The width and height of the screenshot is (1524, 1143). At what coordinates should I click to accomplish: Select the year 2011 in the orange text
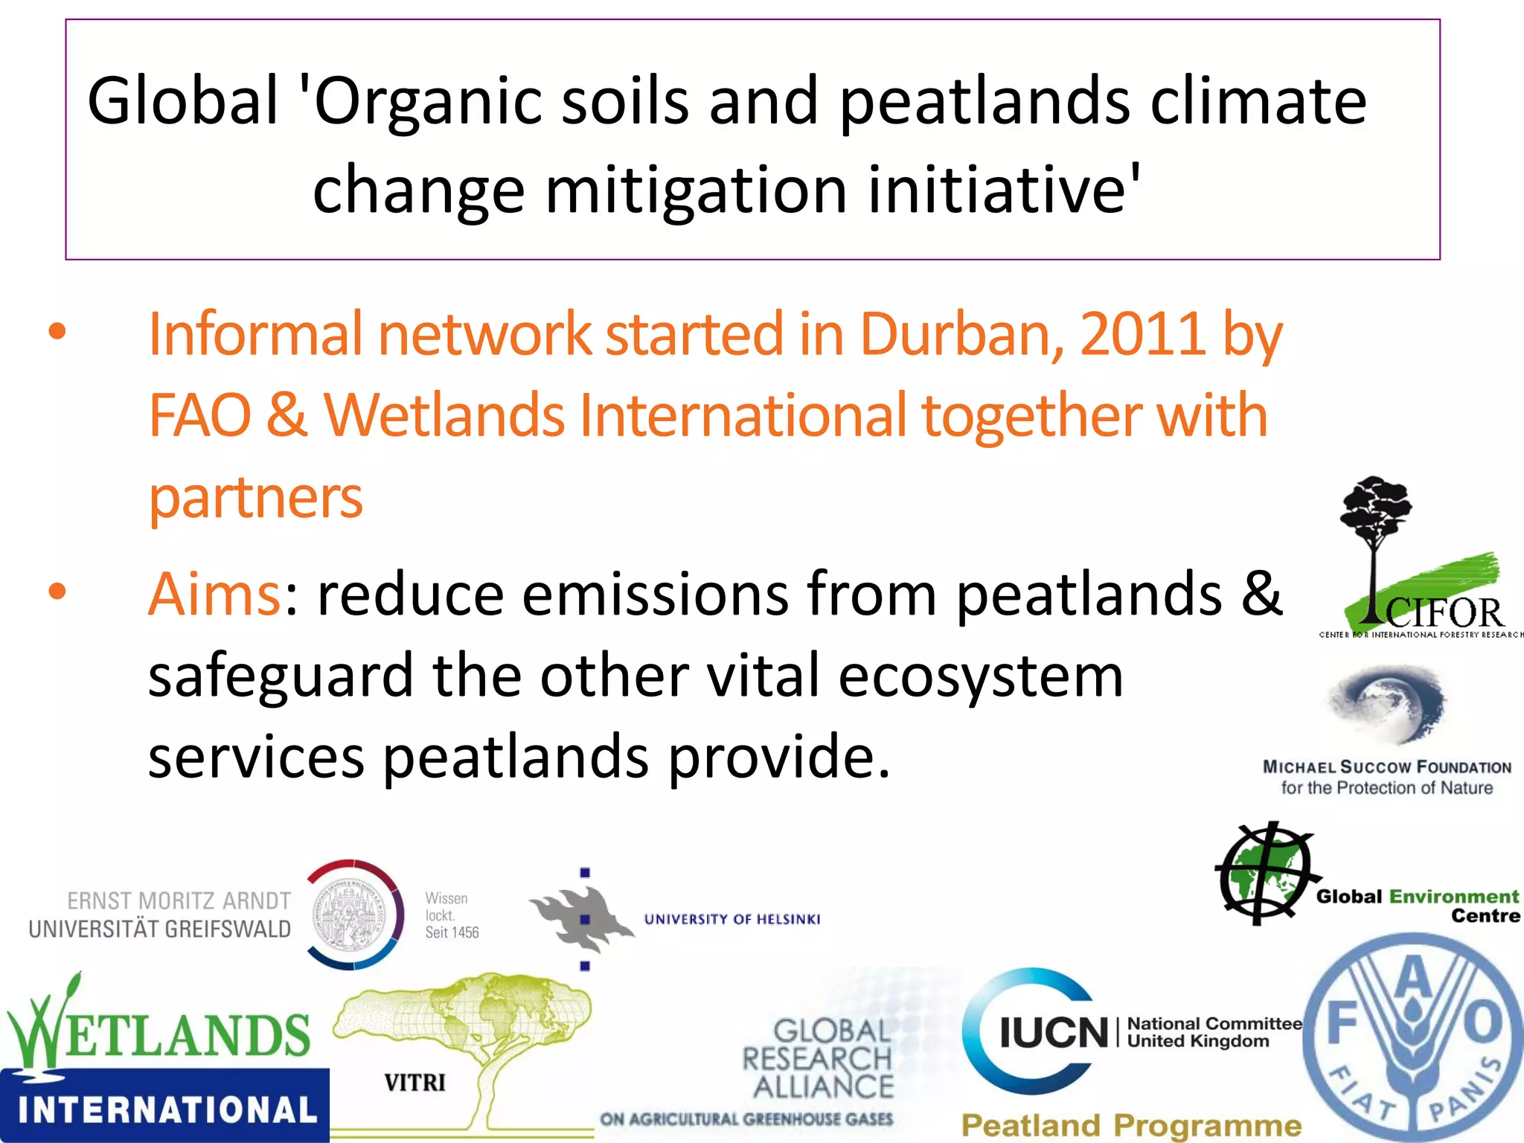[x=1142, y=335]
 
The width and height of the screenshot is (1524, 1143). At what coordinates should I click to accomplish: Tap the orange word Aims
[x=214, y=595]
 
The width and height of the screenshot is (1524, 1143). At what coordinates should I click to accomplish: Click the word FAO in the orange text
[x=199, y=416]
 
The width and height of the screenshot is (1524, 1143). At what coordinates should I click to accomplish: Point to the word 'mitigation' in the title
[x=696, y=190]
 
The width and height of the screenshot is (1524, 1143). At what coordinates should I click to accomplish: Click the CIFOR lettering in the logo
[x=1444, y=614]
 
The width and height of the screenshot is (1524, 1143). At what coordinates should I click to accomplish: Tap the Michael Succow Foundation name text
[x=1387, y=767]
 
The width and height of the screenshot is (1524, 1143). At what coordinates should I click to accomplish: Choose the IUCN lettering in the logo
[x=1054, y=1034]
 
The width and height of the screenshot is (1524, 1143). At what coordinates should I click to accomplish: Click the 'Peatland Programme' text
[x=1131, y=1125]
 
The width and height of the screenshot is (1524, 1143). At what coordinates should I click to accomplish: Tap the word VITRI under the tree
[x=414, y=1082]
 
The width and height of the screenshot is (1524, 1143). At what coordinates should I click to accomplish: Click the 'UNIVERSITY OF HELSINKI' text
[x=732, y=920]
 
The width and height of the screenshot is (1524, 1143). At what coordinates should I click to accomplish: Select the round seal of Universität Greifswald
[x=354, y=915]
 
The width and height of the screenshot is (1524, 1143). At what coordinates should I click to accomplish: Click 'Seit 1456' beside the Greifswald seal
[x=452, y=932]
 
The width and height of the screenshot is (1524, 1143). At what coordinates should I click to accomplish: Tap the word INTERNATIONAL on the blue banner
[x=167, y=1110]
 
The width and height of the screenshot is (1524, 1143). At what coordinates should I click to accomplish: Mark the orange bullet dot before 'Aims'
[x=57, y=592]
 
